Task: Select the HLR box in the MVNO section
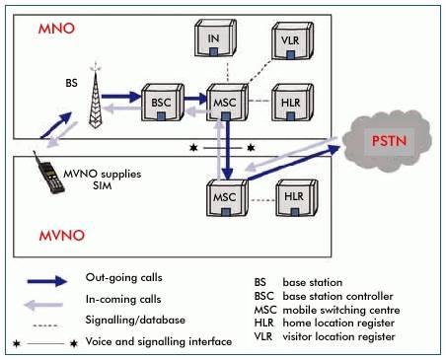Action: point(292,196)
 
